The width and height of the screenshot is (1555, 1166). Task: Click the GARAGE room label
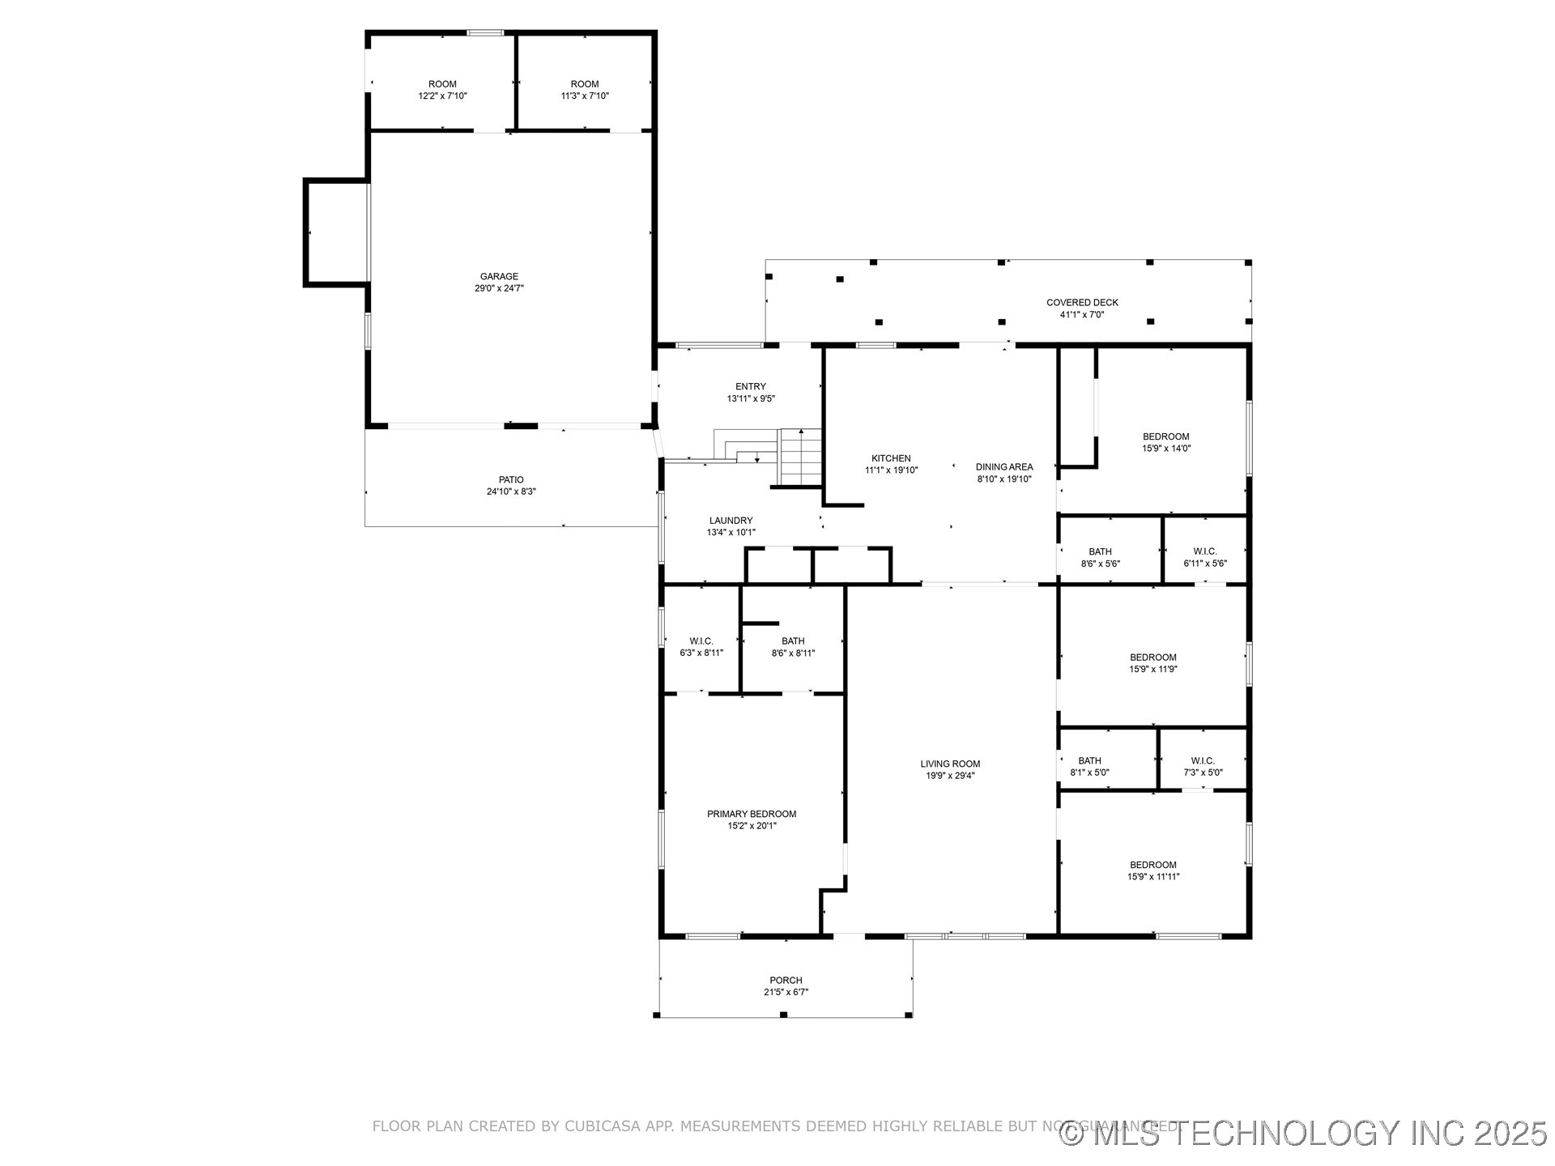click(x=499, y=277)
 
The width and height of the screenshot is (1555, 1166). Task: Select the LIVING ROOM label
click(x=950, y=764)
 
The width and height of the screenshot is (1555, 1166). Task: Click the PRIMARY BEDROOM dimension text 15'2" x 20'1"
click(x=752, y=826)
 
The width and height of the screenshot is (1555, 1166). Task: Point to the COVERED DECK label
click(x=1082, y=303)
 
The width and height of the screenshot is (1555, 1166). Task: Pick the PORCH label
click(x=786, y=981)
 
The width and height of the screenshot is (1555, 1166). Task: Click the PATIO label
click(x=511, y=480)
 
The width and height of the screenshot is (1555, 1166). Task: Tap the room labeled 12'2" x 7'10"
click(x=442, y=90)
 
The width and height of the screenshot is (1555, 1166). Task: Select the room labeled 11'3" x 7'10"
click(x=585, y=90)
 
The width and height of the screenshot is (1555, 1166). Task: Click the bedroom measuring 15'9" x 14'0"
click(x=1165, y=442)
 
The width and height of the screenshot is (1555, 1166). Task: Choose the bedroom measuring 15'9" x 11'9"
click(x=1153, y=663)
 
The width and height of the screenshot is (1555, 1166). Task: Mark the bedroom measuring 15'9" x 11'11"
click(x=1153, y=870)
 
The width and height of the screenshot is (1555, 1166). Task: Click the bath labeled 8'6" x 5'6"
click(x=1100, y=558)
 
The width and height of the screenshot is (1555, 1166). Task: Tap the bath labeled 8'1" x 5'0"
click(x=1089, y=767)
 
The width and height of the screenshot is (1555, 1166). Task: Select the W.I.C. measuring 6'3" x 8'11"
click(x=701, y=647)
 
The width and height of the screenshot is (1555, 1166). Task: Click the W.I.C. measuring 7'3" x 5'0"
click(x=1203, y=767)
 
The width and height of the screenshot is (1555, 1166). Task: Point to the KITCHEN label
click(x=891, y=458)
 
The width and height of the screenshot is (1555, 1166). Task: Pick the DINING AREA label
click(x=1004, y=467)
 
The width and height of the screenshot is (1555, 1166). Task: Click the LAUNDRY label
click(x=731, y=521)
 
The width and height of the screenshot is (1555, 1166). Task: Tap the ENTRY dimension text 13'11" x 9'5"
click(x=751, y=398)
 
